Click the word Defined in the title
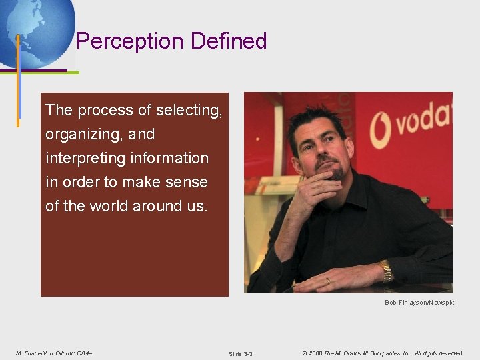229,41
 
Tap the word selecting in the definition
189,111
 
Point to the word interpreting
82,159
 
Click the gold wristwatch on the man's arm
386,270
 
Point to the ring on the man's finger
327,281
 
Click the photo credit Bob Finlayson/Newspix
419,303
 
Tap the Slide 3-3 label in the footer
240,353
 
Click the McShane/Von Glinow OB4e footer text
53,353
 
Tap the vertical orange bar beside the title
18,80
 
